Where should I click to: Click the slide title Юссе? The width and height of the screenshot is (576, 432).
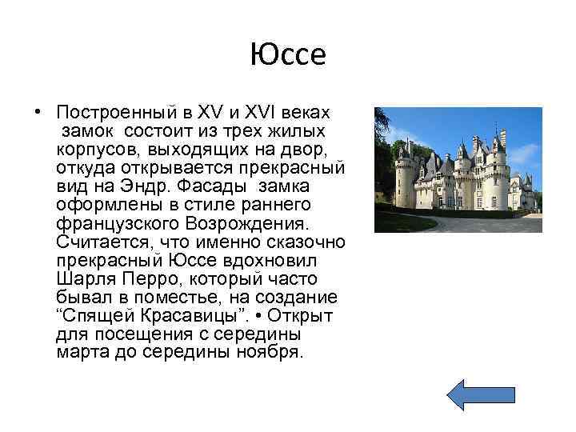coord(288,55)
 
